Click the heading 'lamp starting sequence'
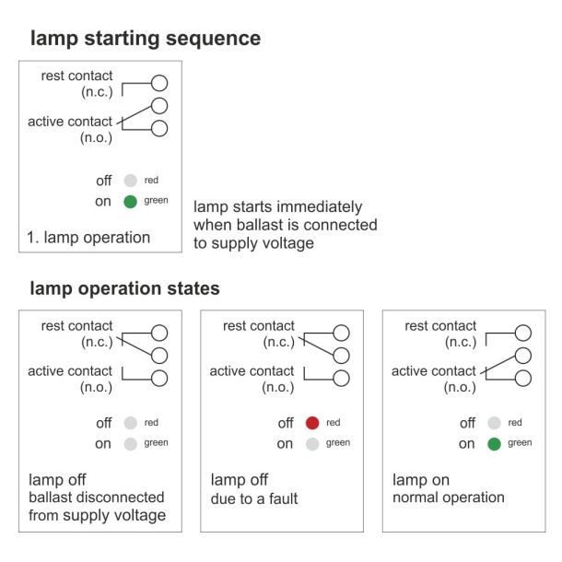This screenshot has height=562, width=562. pos(146,39)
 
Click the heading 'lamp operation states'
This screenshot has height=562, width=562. pos(124,288)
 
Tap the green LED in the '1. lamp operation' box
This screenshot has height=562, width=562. pos(131,202)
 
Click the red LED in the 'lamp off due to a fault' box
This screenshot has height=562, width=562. pos(312,423)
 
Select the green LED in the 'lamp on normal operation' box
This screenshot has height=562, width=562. pos(494,444)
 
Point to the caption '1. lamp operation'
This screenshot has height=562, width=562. pos(88,238)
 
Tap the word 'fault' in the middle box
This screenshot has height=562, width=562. pos(283,498)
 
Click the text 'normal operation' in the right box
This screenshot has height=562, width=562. pos(449,498)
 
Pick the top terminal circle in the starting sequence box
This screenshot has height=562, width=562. pos(159,83)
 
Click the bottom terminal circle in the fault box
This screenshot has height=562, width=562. pos(341,379)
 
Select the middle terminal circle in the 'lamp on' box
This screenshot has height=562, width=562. pos(523,356)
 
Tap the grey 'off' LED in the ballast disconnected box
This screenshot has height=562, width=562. pos(131,423)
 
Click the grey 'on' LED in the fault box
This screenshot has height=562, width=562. pos(312,444)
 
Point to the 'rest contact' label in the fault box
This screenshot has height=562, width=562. pos(258,326)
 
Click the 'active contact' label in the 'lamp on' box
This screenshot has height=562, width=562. pos(434,371)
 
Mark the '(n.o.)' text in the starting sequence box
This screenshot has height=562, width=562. pos(96,137)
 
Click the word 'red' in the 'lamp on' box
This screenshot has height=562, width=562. pos(515,423)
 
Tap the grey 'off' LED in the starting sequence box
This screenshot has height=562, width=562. pos(131,181)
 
